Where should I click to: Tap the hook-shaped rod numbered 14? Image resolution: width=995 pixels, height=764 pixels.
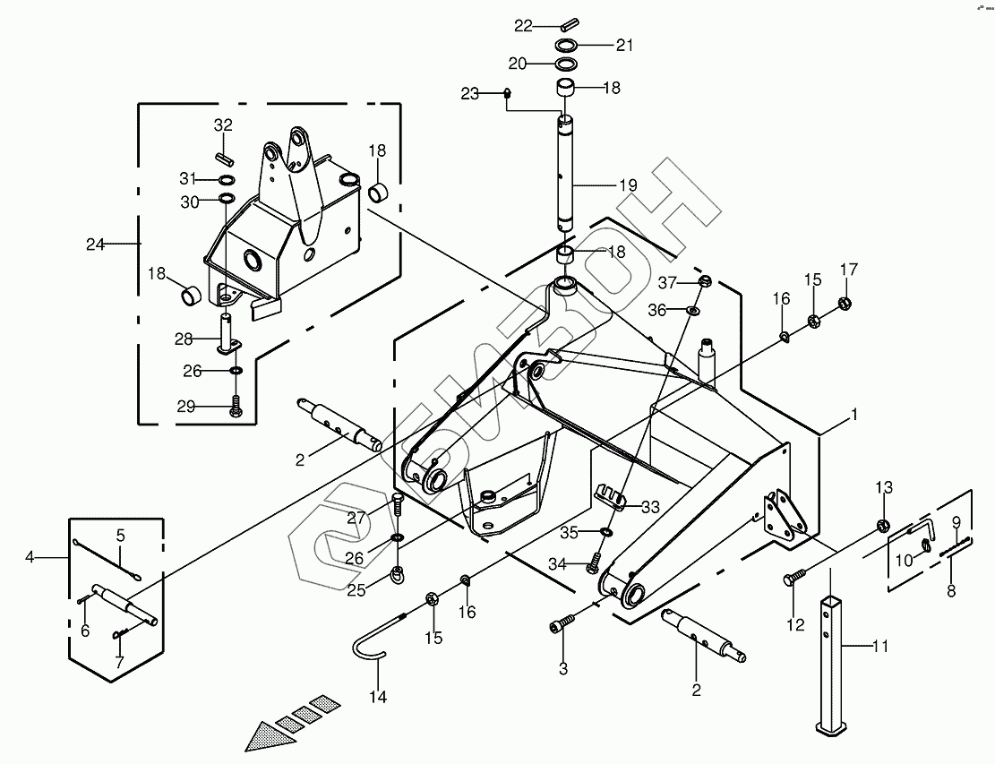click(x=368, y=645)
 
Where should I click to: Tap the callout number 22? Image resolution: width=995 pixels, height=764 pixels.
click(x=523, y=25)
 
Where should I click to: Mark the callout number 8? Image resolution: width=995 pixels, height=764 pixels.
click(x=951, y=591)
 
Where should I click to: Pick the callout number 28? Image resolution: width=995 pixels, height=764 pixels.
click(x=184, y=339)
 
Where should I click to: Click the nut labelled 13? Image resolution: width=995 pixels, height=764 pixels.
click(x=881, y=524)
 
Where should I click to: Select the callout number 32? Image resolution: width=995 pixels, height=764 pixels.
click(x=223, y=124)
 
